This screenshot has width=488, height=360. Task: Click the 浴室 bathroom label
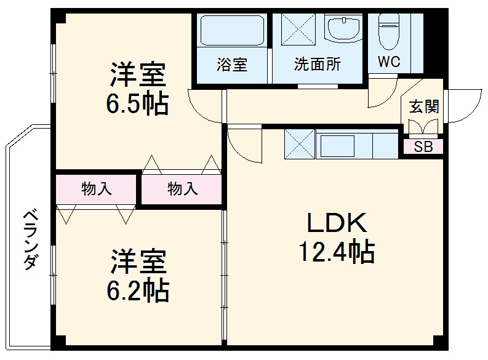coord(232,65)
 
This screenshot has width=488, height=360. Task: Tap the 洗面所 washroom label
coord(317,65)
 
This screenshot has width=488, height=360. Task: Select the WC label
coord(389,62)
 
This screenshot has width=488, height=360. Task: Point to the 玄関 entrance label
coord(424,106)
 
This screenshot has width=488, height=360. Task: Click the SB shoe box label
coord(423,147)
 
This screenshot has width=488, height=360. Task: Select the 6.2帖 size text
coord(138,290)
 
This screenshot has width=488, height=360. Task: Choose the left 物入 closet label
coord(97,189)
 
